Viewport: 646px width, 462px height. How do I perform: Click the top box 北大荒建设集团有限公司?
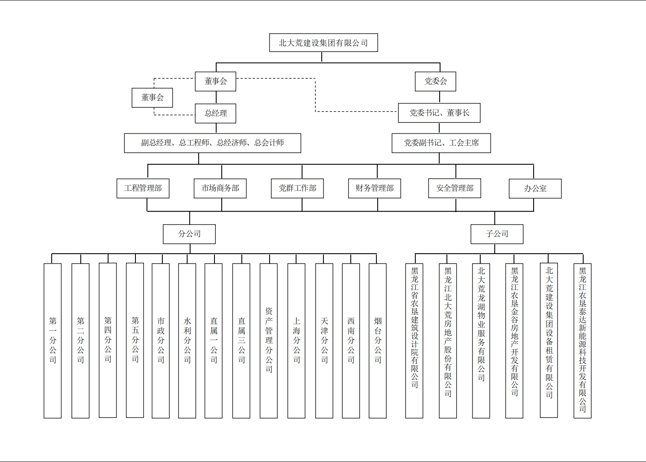click(x=323, y=43)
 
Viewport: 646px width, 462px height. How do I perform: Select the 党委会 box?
click(x=435, y=81)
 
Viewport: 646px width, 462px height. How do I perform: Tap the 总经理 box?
click(x=215, y=113)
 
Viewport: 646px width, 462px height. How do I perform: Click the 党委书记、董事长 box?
click(x=439, y=113)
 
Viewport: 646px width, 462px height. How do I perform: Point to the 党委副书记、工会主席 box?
click(x=441, y=143)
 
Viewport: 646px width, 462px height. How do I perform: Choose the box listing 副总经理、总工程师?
click(x=212, y=143)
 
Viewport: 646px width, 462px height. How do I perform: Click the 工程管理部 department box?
click(x=143, y=188)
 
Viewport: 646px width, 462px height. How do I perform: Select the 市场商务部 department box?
click(x=220, y=188)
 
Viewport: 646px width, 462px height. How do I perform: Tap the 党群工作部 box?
click(x=297, y=188)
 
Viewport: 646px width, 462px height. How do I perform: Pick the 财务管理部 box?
click(x=375, y=188)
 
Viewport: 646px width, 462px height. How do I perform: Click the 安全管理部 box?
click(x=455, y=188)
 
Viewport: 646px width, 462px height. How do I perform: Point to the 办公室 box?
click(x=535, y=189)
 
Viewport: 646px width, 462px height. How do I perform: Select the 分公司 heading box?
click(x=189, y=234)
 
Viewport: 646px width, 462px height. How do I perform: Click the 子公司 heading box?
click(x=497, y=234)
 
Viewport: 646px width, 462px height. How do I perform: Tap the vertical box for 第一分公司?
click(x=53, y=341)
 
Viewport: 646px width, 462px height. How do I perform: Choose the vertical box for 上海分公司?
click(x=297, y=341)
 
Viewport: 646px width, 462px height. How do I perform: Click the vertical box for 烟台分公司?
click(x=378, y=341)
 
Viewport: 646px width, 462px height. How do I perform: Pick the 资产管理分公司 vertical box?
click(x=269, y=341)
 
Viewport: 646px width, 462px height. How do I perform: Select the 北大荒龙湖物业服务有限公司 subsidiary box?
click(x=481, y=341)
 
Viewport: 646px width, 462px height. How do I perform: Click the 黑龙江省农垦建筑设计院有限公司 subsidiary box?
click(x=414, y=341)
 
